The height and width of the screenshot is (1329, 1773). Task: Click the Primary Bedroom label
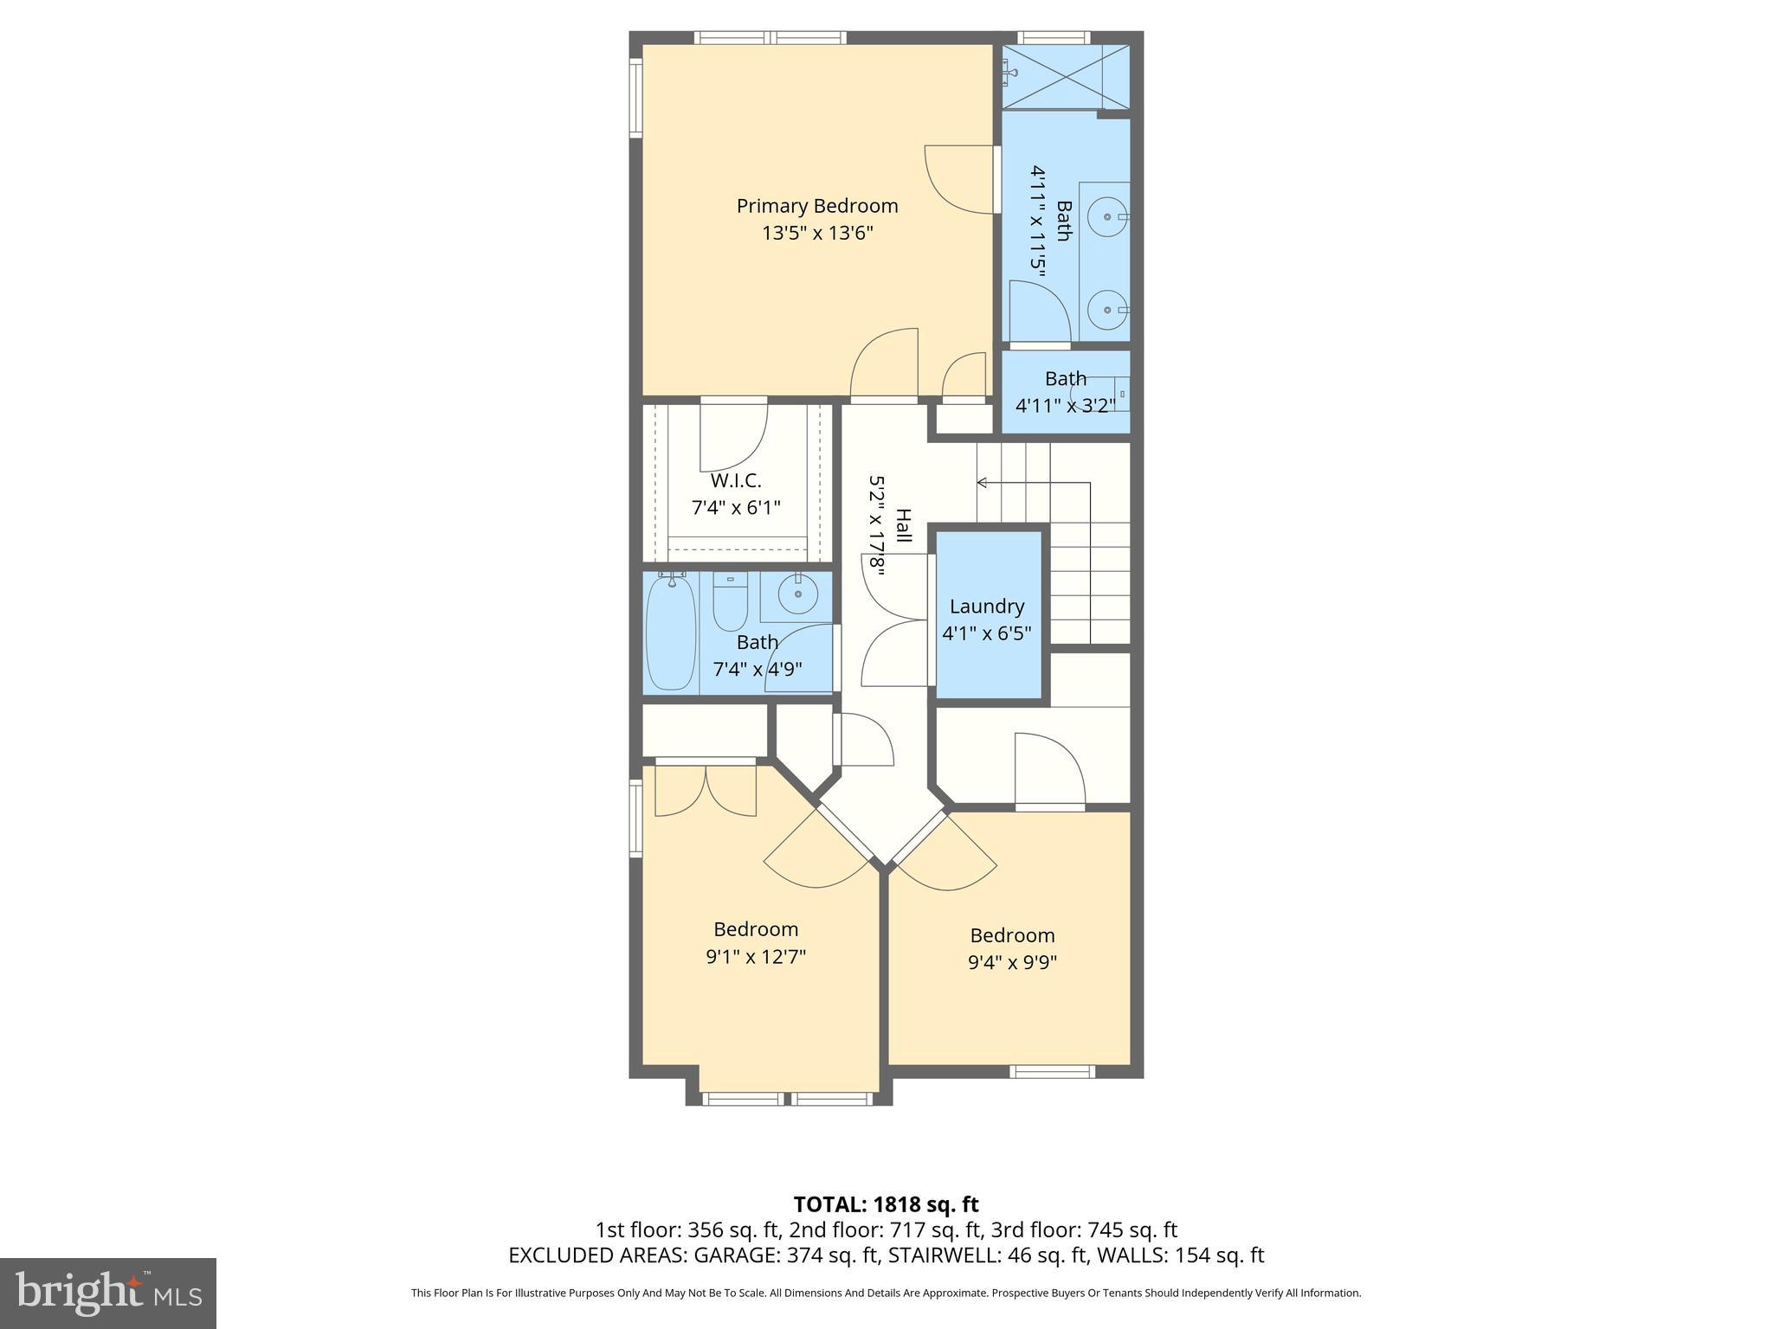pyautogui.click(x=817, y=206)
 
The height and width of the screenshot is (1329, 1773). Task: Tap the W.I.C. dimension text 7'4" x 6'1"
pyautogui.click(x=736, y=508)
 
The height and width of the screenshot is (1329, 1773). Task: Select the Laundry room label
pyautogui.click(x=986, y=607)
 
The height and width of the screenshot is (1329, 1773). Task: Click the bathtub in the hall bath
pyautogui.click(x=671, y=632)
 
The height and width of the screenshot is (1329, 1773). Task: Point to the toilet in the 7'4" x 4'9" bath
pyautogui.click(x=730, y=602)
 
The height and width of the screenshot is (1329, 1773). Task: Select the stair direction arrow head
pyautogui.click(x=982, y=482)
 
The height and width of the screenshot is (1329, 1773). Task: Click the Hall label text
pyautogui.click(x=903, y=525)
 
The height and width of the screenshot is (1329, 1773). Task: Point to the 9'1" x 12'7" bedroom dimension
pyautogui.click(x=756, y=957)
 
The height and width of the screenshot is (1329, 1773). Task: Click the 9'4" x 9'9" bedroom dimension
pyautogui.click(x=1012, y=962)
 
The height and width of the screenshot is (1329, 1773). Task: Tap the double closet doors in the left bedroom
pyautogui.click(x=706, y=789)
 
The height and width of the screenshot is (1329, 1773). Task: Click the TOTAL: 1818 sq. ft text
pyautogui.click(x=886, y=1204)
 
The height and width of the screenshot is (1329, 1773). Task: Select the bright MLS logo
pyautogui.click(x=107, y=1293)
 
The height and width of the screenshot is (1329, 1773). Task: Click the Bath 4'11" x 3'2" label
pyautogui.click(x=1065, y=392)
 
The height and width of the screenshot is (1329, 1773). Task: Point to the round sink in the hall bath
pyautogui.click(x=797, y=594)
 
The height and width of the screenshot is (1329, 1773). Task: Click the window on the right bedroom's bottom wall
pyautogui.click(x=1053, y=1072)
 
